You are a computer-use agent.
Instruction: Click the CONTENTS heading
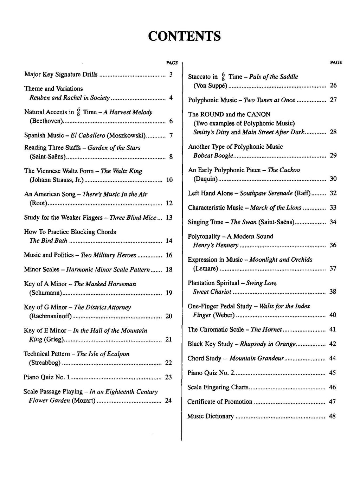[x=184, y=36]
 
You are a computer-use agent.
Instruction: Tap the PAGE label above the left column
[x=172, y=63]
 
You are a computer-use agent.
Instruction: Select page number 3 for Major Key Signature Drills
[x=171, y=75]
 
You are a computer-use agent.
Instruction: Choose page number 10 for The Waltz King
[x=169, y=180]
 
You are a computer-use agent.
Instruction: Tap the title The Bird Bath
[x=48, y=241]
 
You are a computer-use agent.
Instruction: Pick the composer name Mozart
[x=84, y=401]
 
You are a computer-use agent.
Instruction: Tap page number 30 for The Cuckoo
[x=333, y=179]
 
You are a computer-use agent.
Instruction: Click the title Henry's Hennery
[x=216, y=245]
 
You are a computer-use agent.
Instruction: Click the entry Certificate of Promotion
[x=220, y=402]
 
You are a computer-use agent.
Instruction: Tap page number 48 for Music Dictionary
[x=332, y=416]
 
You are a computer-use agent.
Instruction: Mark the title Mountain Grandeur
[x=257, y=358]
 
